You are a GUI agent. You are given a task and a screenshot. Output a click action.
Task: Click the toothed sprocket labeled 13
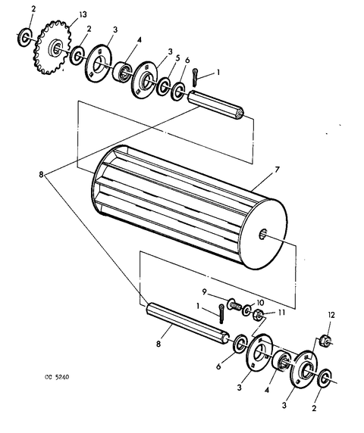coord(52,48)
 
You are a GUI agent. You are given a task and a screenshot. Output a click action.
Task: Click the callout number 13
coord(83,14)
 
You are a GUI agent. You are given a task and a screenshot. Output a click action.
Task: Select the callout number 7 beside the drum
coord(277,170)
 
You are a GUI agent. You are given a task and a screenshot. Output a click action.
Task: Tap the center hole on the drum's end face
coord(263,235)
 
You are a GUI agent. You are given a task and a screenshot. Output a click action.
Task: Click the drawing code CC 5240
coord(57,377)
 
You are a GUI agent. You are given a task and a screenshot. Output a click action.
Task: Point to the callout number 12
coord(331,315)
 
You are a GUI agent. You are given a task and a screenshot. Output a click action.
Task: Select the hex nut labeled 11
coord(258,315)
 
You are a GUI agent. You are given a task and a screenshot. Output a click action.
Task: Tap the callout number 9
coord(205,291)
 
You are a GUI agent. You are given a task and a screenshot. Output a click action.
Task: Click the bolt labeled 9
coord(234,304)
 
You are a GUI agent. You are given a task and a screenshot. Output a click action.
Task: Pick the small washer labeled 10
coord(247,310)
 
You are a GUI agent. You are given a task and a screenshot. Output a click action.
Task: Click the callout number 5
coord(177,58)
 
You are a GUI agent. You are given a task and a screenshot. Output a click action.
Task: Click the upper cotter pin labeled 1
coord(196,78)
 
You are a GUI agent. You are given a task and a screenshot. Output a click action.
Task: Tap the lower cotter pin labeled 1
coord(221,313)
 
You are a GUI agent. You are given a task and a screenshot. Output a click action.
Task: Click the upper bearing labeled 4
coord(122,72)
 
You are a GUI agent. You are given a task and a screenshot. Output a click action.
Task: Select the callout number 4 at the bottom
coord(267,390)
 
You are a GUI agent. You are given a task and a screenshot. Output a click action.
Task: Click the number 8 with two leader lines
coord(41,175)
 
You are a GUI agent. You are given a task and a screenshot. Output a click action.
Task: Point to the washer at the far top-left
coord(25,36)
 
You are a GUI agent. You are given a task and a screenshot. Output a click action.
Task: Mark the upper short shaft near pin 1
coord(215,105)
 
